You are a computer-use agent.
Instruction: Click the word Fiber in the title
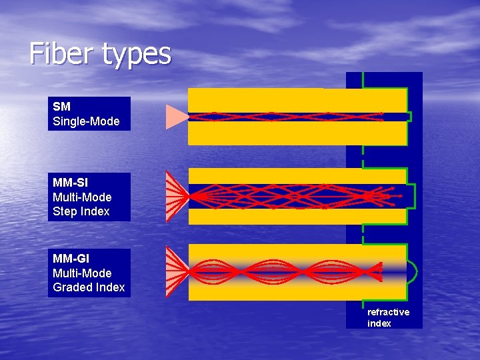tap(61, 53)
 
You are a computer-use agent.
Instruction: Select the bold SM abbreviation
tap(61, 107)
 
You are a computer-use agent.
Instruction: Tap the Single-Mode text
tap(86, 121)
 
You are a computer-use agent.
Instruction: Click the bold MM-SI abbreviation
tap(70, 183)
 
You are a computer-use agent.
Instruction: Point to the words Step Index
tap(81, 211)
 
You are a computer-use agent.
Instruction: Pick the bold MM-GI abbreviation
tap(71, 259)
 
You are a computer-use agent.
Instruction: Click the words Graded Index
tap(89, 287)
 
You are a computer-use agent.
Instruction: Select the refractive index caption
tap(388, 318)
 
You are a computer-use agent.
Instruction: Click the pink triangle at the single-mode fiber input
tap(176, 117)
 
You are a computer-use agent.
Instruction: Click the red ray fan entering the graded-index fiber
tap(177, 272)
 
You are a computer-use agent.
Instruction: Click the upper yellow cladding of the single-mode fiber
tap(297, 100)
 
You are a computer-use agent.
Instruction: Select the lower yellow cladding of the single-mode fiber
tap(297, 133)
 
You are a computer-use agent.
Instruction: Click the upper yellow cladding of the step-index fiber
tap(297, 175)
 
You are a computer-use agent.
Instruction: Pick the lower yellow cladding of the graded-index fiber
tap(297, 291)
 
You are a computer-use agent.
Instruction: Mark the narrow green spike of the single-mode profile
tap(409, 117)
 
